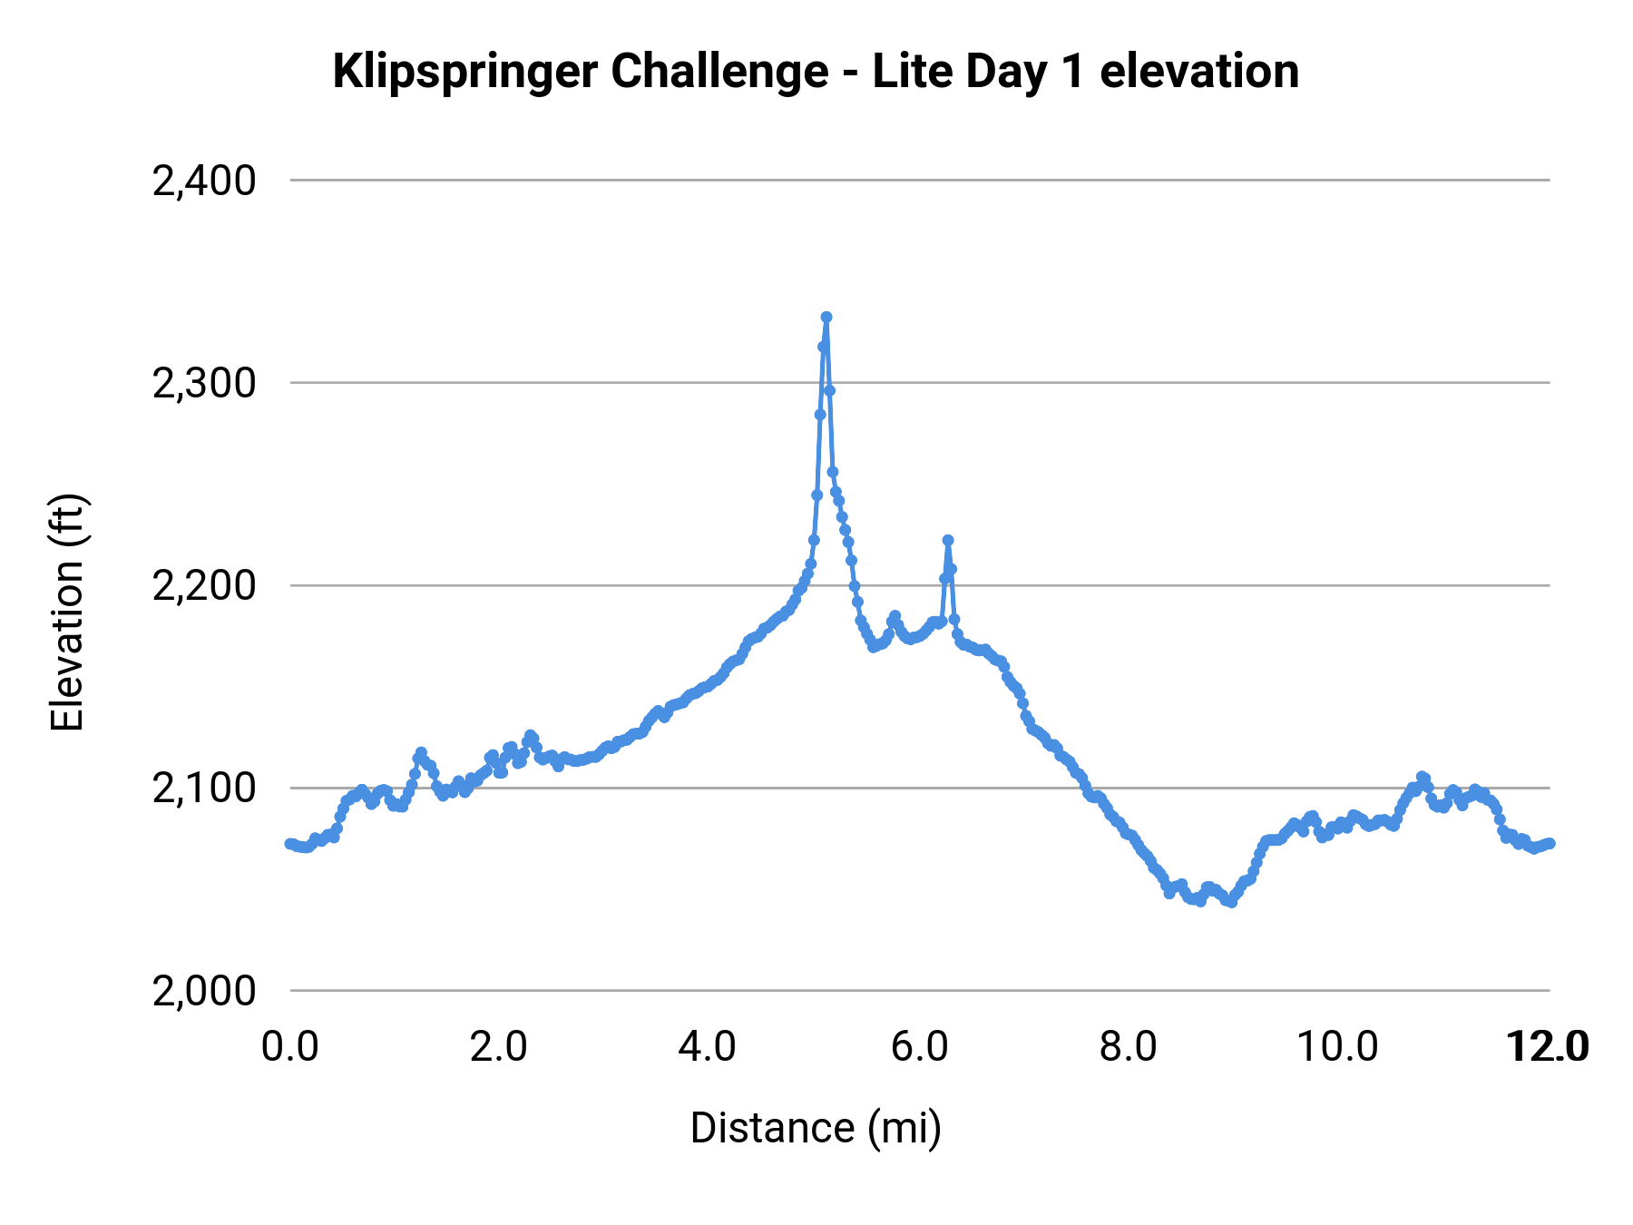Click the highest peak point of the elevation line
click(826, 317)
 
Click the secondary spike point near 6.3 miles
click(948, 540)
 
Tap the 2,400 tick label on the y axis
click(204, 181)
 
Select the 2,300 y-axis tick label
click(204, 383)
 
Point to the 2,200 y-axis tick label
click(204, 585)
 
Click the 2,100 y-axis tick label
click(204, 788)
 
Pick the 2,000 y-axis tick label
click(204, 990)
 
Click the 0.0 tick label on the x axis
click(290, 1047)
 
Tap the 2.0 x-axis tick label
click(499, 1047)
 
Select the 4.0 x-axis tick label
click(708, 1047)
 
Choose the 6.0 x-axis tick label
click(919, 1047)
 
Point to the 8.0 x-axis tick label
click(1128, 1047)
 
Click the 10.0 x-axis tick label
click(1337, 1047)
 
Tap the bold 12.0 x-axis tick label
click(1547, 1047)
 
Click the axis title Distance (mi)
click(816, 1128)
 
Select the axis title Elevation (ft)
click(67, 612)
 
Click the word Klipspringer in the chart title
click(464, 73)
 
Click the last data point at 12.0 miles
click(1550, 843)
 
